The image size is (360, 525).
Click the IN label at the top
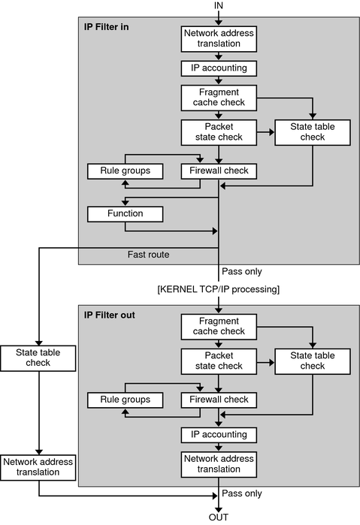[219, 7]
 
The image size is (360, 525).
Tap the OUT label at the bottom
[219, 517]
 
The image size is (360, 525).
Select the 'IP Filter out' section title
[112, 314]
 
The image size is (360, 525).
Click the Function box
[126, 214]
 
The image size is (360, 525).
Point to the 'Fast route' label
[149, 255]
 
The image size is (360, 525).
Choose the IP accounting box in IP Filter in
[218, 68]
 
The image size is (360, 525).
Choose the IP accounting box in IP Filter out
[218, 434]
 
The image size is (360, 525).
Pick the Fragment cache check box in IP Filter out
[218, 326]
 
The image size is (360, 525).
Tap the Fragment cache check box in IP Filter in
[218, 97]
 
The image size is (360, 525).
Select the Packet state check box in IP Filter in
[218, 132]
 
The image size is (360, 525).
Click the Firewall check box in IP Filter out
[218, 400]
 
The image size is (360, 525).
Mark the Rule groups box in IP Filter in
[126, 171]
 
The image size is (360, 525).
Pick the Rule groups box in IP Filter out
[126, 400]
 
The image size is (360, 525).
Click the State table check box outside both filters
[38, 358]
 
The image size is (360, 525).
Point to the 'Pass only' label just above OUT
[242, 493]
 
